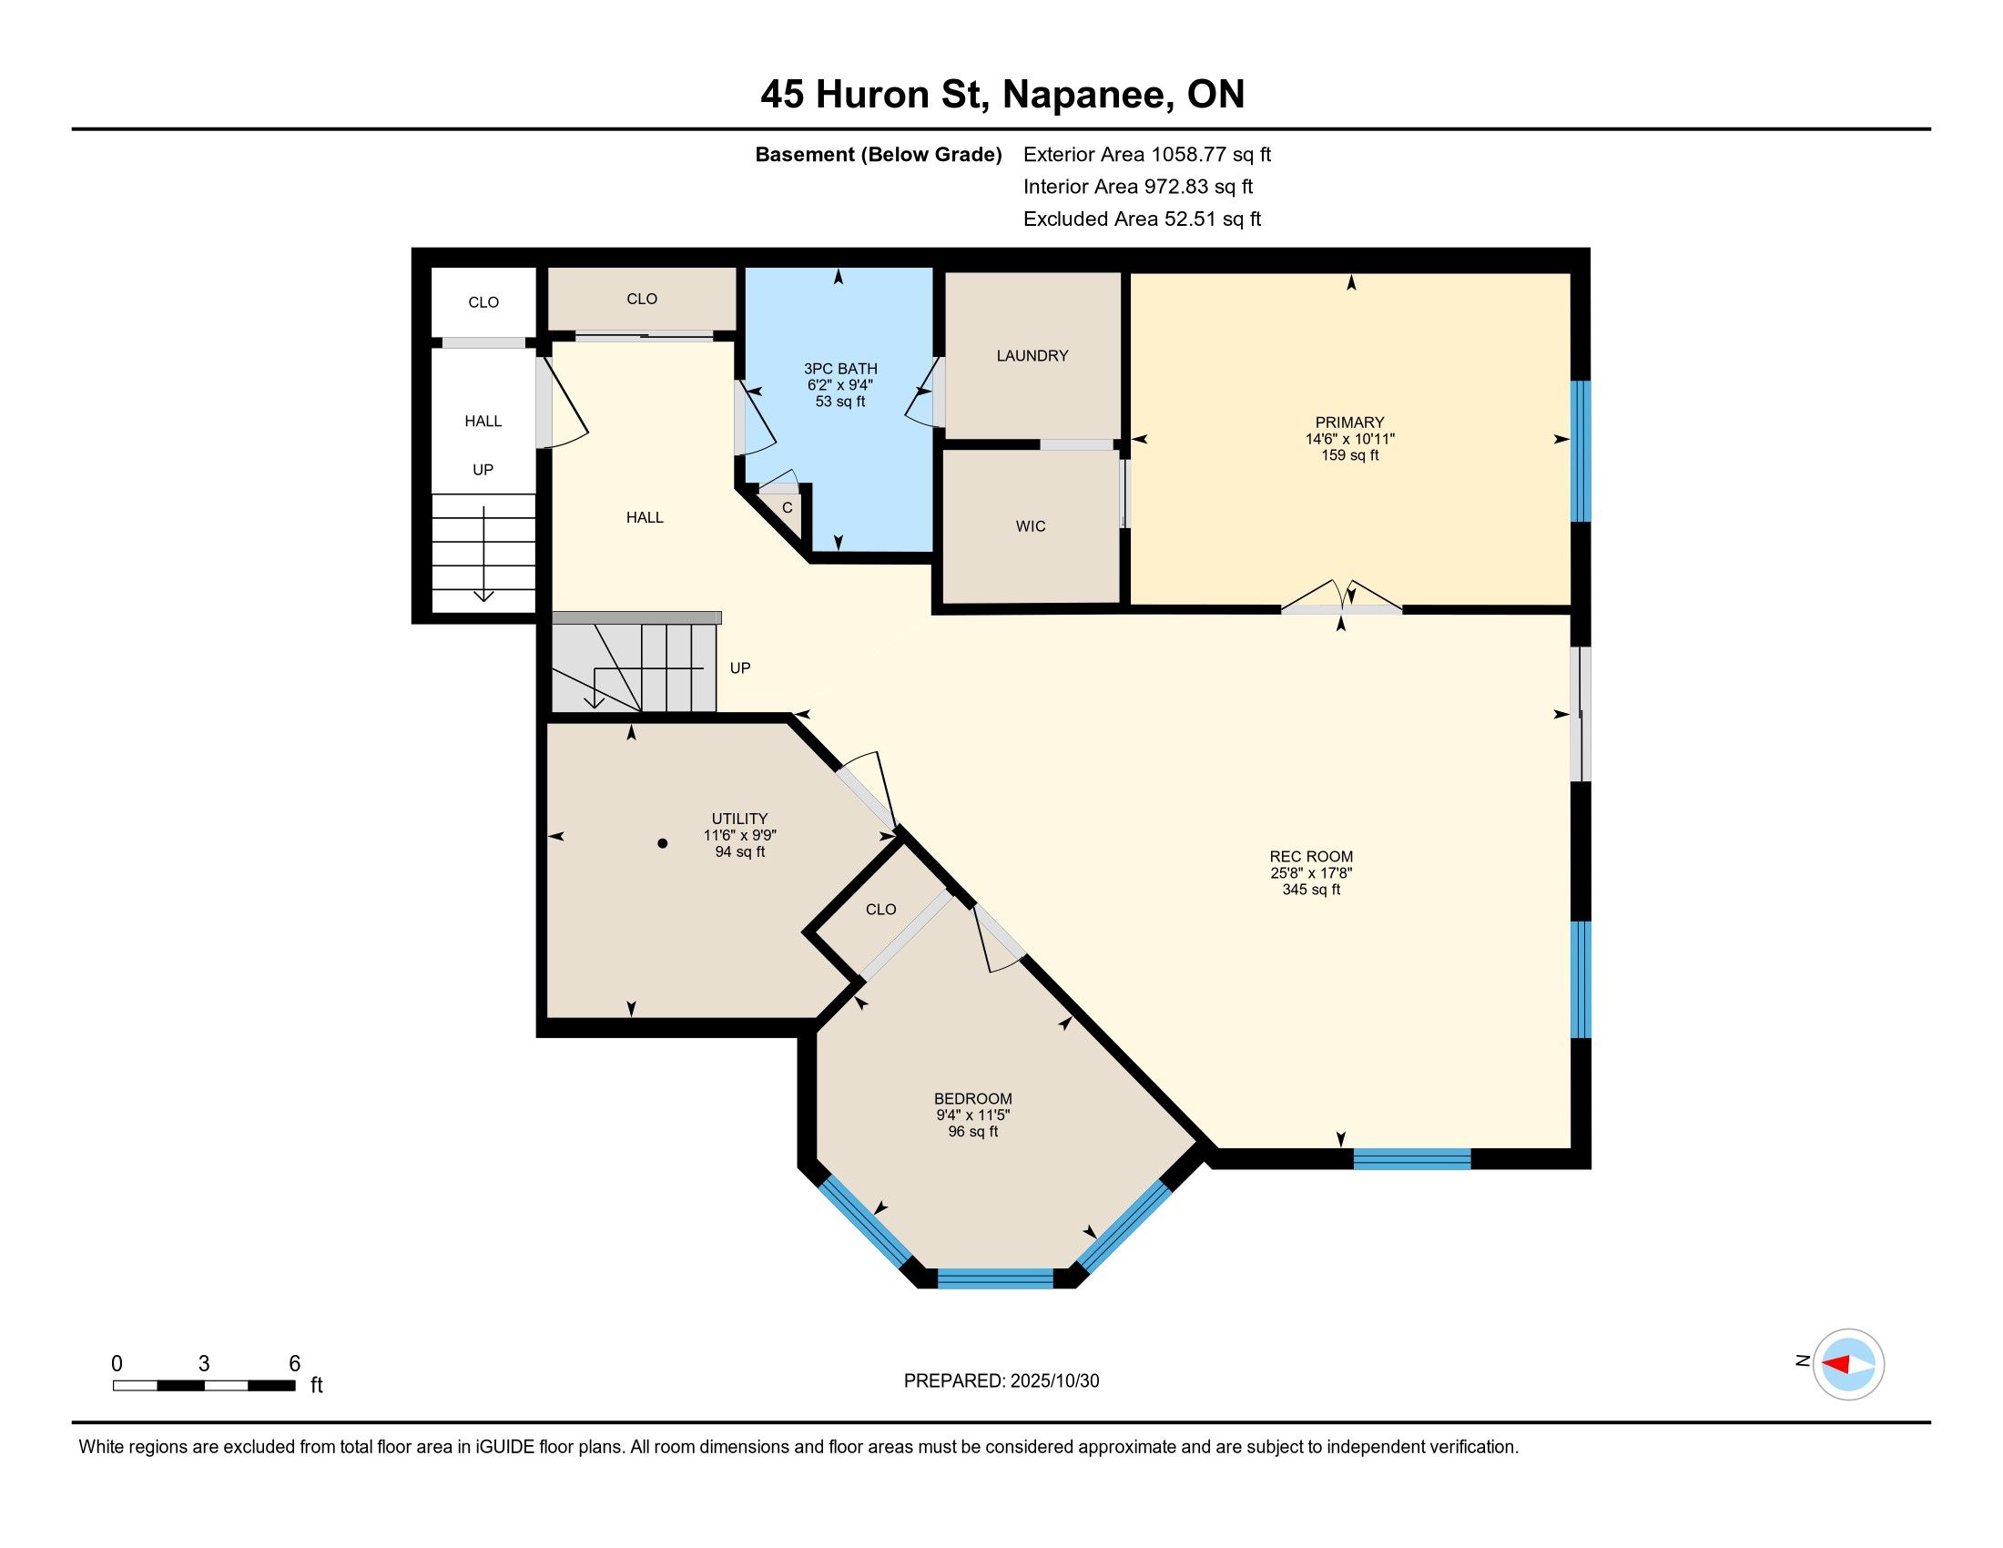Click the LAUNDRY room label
[1032, 356]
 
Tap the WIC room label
[1031, 526]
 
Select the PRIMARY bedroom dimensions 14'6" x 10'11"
[1350, 439]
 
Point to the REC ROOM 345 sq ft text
[1311, 890]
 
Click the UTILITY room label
[740, 819]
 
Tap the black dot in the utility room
[662, 844]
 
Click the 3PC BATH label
[841, 369]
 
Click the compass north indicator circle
[1848, 1364]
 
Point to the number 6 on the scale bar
[294, 1364]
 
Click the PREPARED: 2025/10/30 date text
[1001, 1381]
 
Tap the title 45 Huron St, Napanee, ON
[1002, 94]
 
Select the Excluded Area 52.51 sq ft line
[1142, 219]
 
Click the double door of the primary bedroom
[1342, 598]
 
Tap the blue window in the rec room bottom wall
[1412, 1158]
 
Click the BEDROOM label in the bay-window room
[973, 1099]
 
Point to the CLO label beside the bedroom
[880, 910]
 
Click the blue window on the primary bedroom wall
[1581, 451]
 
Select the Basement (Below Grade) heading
[878, 155]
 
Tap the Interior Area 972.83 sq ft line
[1138, 187]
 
